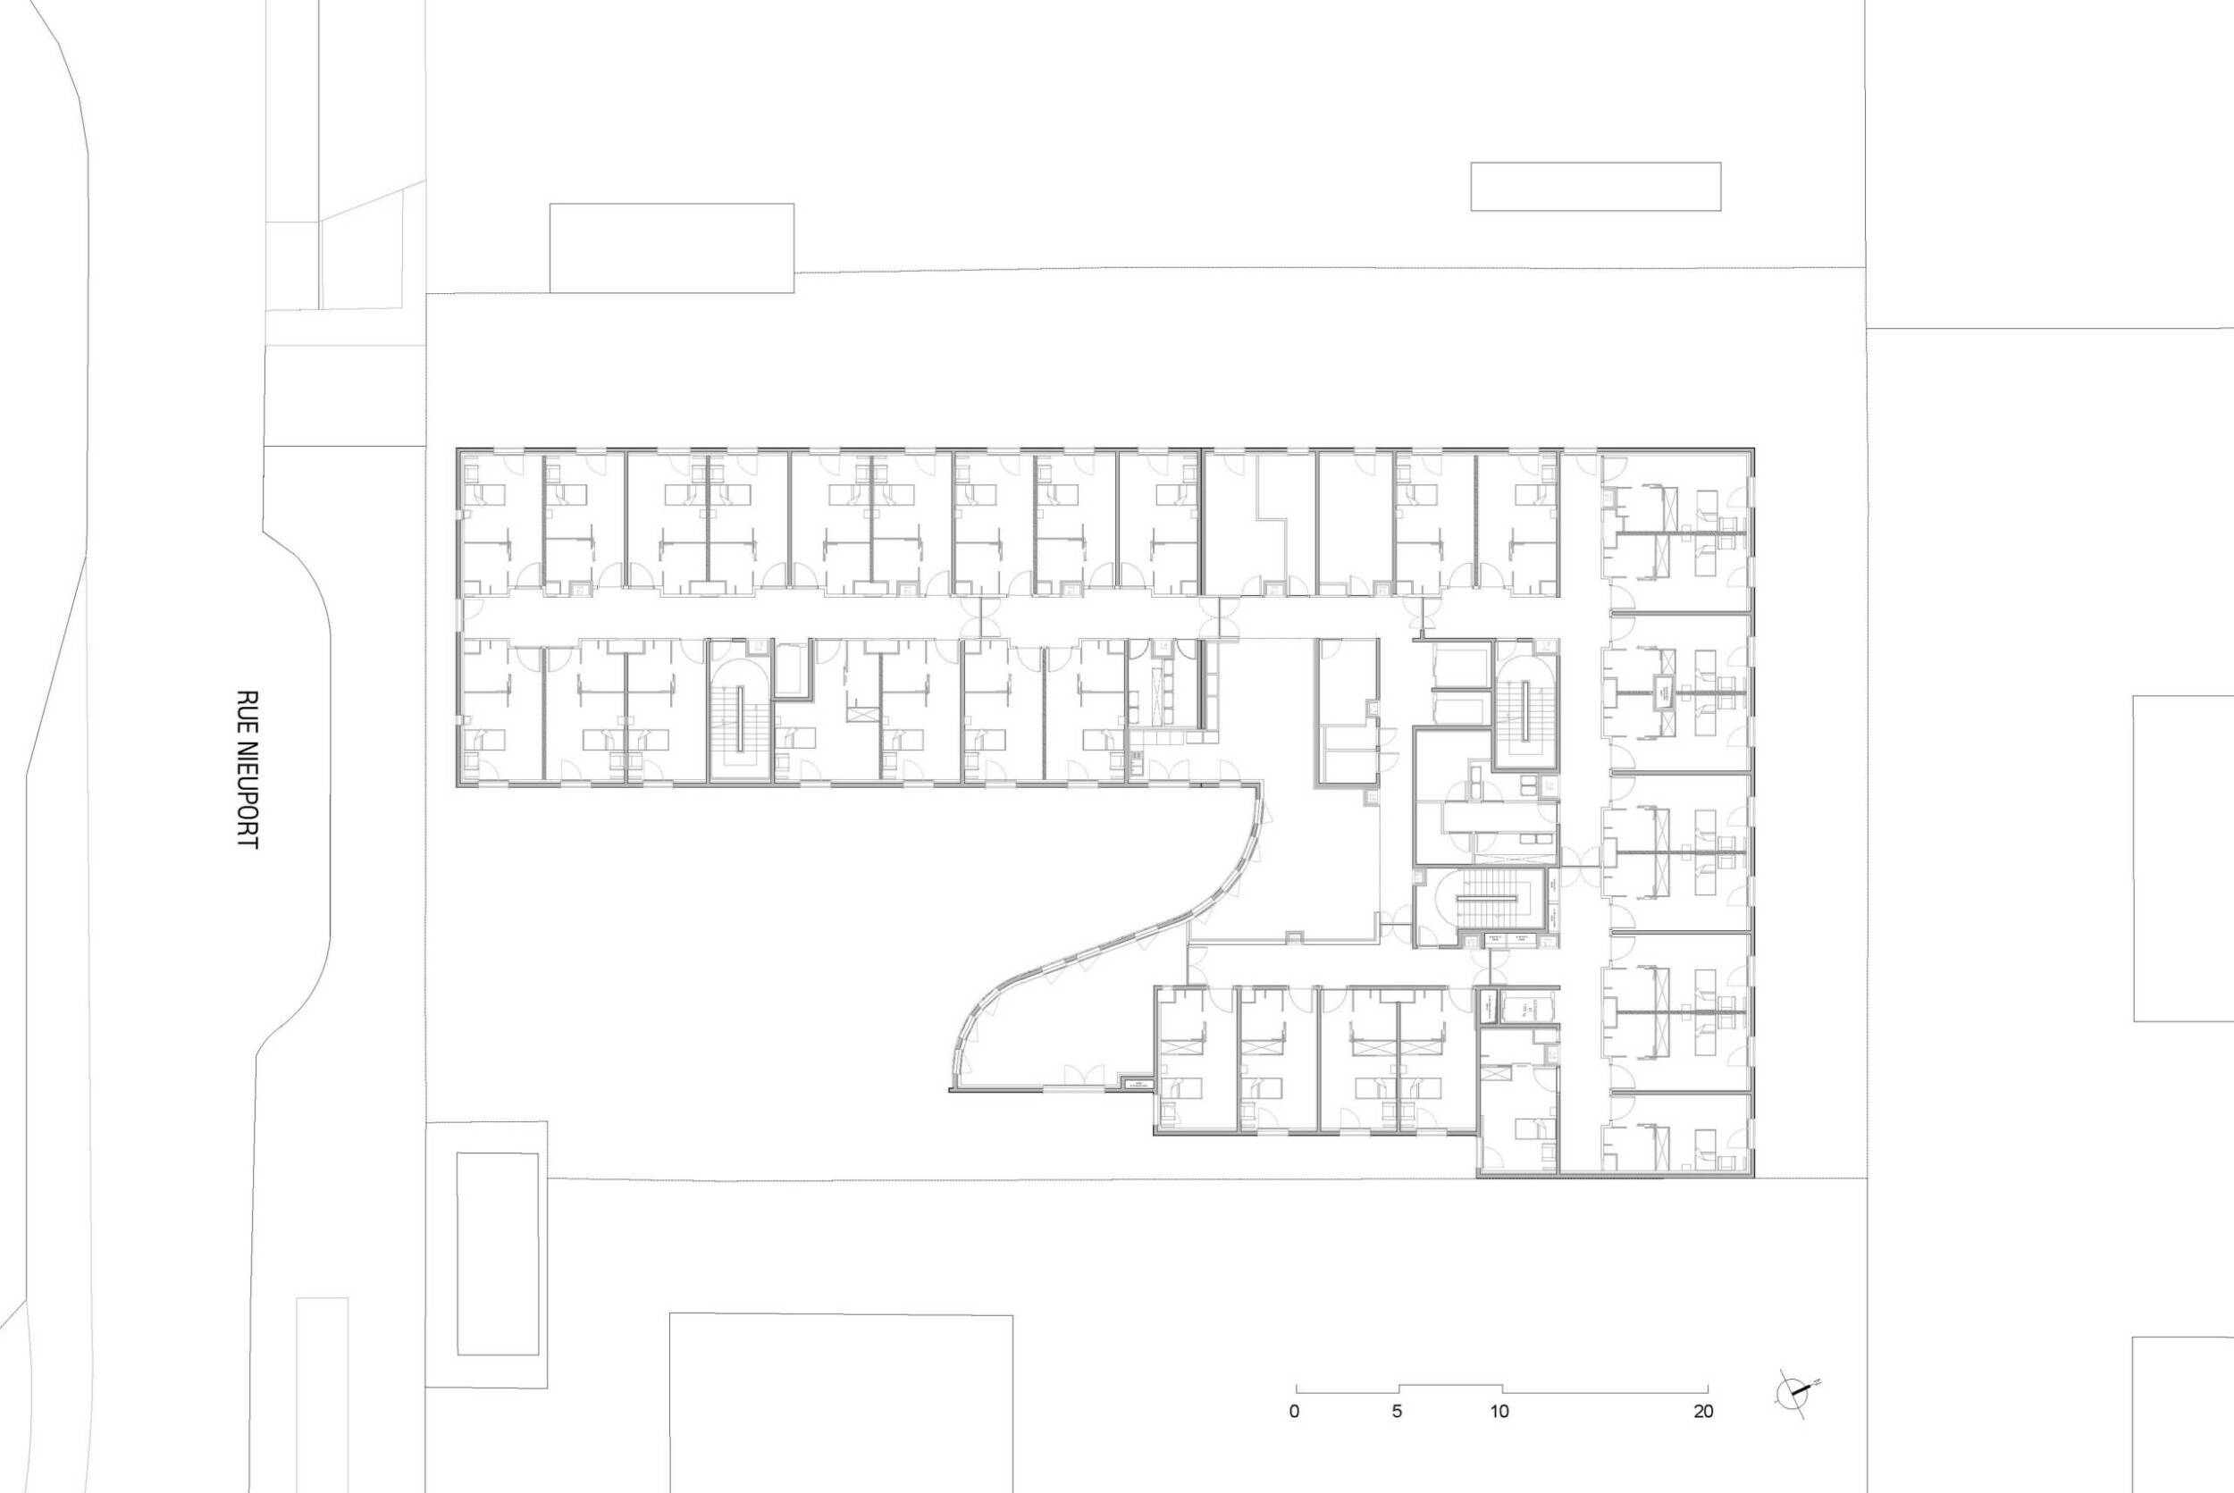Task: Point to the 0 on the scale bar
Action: (x=1293, y=1438)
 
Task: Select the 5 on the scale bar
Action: (x=1396, y=1438)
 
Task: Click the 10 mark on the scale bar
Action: (x=1499, y=1438)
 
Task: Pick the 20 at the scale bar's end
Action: (x=1703, y=1438)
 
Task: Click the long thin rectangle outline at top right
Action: (x=1595, y=187)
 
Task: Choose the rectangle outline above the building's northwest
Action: (x=671, y=247)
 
